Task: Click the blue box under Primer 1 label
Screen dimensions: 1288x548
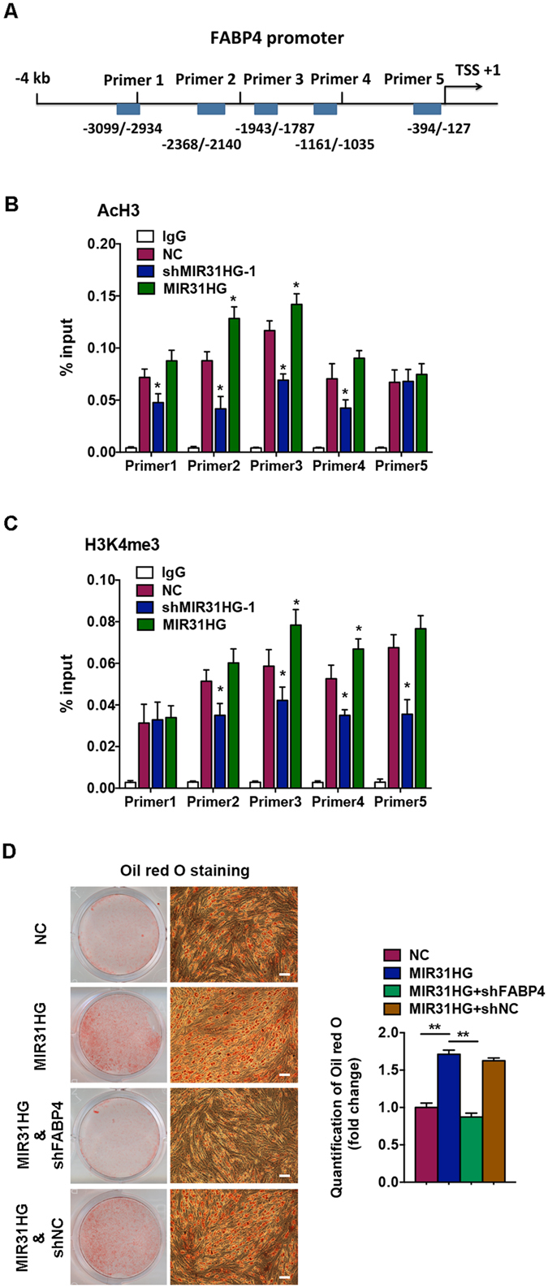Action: click(127, 109)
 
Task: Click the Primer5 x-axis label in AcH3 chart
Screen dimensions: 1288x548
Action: click(398, 467)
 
